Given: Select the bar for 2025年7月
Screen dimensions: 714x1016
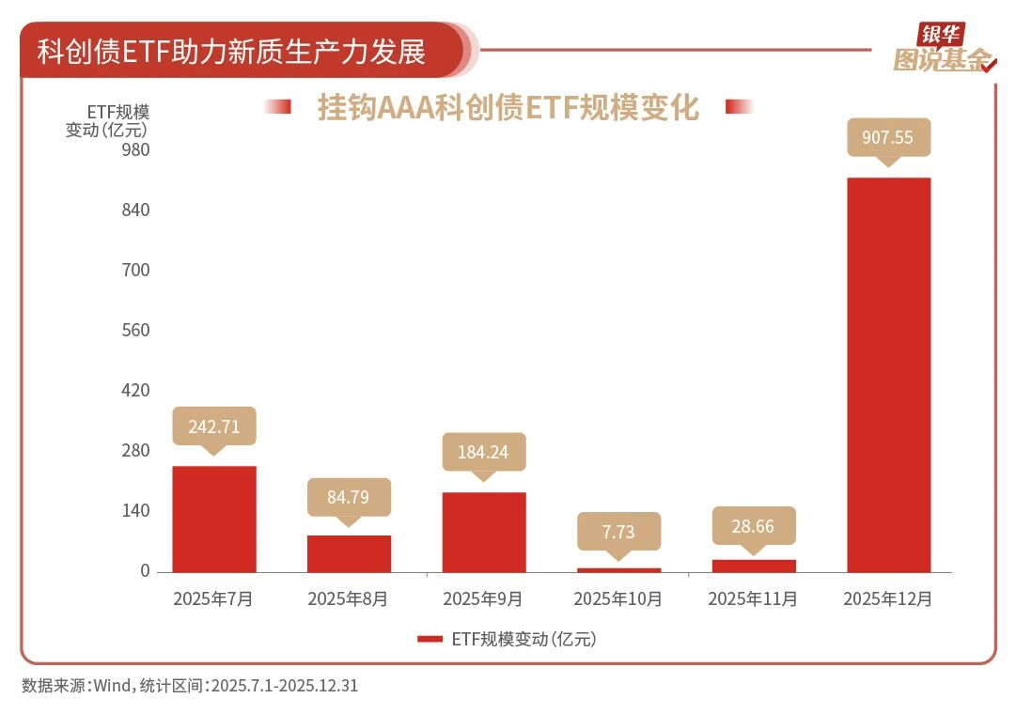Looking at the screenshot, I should (214, 519).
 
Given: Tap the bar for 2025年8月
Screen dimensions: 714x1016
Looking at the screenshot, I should (349, 553).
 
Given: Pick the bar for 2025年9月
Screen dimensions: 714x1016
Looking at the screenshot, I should (484, 532).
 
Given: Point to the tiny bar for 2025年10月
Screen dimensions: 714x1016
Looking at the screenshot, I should (618, 569).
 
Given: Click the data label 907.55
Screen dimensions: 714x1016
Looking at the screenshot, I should (887, 137).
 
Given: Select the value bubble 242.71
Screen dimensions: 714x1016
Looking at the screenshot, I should (214, 427).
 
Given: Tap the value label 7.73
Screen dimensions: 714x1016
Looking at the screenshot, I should (618, 532).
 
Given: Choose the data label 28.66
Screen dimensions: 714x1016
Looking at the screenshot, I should (753, 526).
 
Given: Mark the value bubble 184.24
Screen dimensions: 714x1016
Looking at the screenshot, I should (484, 452).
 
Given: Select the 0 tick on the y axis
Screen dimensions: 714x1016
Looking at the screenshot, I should (145, 570).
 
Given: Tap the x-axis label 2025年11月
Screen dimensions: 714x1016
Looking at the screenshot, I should (753, 598).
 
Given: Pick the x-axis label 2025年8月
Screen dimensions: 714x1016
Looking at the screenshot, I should (348, 598).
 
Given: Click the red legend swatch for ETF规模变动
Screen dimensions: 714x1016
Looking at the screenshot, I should (430, 639).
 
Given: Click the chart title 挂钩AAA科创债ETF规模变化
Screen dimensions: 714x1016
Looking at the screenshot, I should (508, 107).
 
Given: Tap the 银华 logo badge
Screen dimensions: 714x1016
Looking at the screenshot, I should (941, 35).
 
